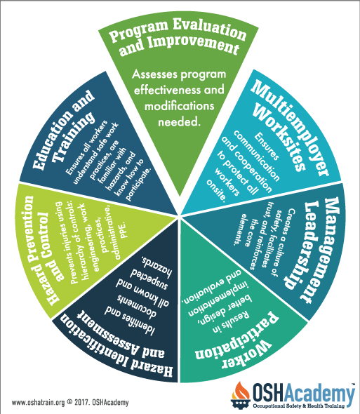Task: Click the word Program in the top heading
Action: click(x=139, y=31)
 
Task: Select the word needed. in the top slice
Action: click(x=178, y=122)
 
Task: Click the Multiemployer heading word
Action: click(x=290, y=128)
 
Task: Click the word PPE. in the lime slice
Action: click(x=124, y=230)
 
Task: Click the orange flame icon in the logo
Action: click(x=241, y=391)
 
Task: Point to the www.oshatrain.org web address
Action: click(x=38, y=403)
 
